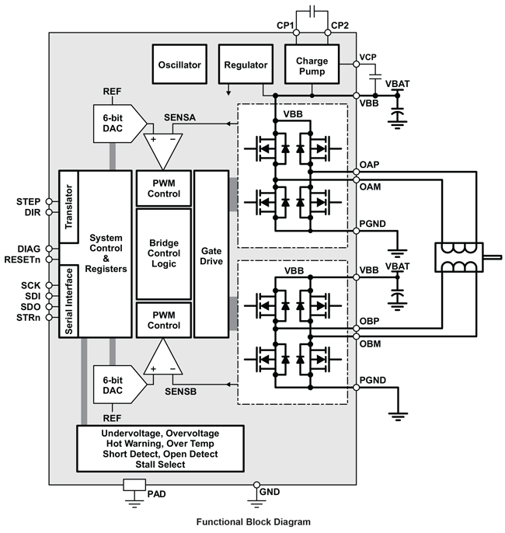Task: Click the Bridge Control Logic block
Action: pos(163,253)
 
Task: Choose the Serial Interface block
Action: pos(68,301)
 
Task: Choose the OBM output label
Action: pos(370,342)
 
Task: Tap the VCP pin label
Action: pos(368,58)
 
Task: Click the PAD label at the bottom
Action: pos(156,493)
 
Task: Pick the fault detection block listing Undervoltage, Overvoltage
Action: pos(161,448)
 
